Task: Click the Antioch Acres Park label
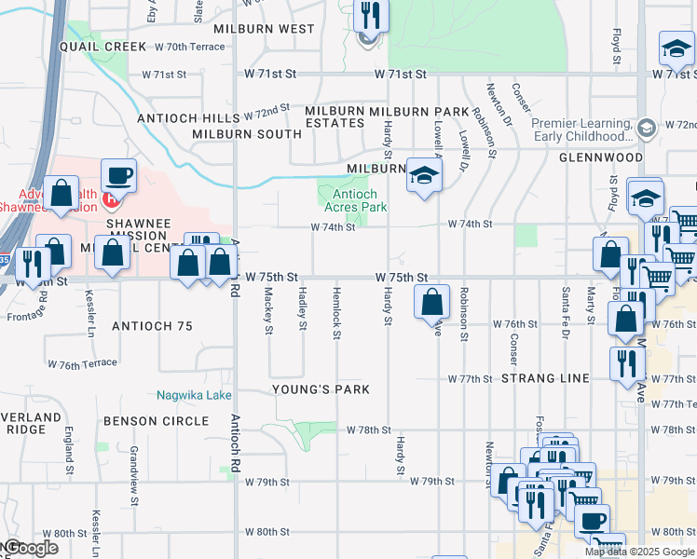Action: [x=354, y=201]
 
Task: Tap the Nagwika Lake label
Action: [x=194, y=396]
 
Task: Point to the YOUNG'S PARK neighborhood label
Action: [x=321, y=389]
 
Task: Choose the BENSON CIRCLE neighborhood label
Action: [x=156, y=421]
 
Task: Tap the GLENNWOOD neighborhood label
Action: [x=601, y=158]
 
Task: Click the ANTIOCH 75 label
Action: [x=152, y=326]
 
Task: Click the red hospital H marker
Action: [x=112, y=198]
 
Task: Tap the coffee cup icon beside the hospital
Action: [x=118, y=175]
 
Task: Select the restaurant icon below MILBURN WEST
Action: [x=371, y=17]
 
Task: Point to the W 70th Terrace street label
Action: [x=190, y=47]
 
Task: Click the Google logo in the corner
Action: [x=30, y=548]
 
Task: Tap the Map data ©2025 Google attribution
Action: [x=638, y=552]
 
